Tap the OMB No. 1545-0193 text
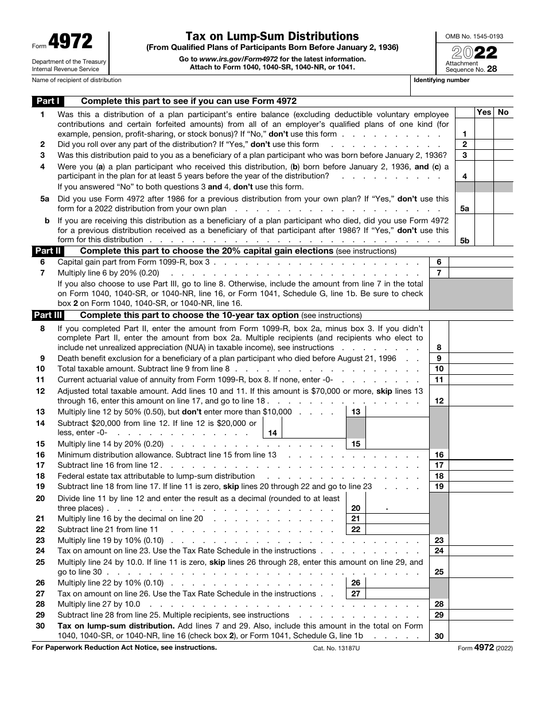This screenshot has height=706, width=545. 474,36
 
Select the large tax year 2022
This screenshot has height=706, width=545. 474,53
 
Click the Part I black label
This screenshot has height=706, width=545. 48,101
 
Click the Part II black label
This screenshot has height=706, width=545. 48,251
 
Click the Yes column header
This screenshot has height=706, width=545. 484,112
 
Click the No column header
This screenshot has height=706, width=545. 503,112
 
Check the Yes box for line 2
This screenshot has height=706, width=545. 484,145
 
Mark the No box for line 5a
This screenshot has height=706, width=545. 503,204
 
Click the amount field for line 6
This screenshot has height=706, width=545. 481,262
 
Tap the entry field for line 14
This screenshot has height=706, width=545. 314,428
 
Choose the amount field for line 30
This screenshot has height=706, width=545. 481,631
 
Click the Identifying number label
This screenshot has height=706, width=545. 442,80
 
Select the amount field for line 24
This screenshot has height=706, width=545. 481,550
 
